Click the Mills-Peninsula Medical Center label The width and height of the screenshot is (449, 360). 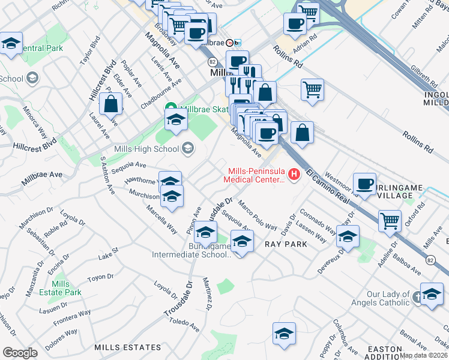pos(255,174)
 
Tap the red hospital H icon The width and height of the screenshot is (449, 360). pos(294,174)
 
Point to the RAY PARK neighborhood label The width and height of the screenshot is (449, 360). pos(286,244)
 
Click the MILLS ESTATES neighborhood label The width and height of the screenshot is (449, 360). pos(128,347)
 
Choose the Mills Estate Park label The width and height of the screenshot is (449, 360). pos(66,288)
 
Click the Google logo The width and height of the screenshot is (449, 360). pos(20,352)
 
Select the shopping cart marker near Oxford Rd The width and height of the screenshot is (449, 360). pos(390,220)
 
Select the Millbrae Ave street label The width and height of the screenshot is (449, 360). pos(42,178)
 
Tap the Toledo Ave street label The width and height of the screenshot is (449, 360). pos(184,325)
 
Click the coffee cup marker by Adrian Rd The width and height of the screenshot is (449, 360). pos(295,24)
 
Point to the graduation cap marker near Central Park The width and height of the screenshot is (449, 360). pos(11,44)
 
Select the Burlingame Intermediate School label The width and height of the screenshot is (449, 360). pos(202,250)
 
